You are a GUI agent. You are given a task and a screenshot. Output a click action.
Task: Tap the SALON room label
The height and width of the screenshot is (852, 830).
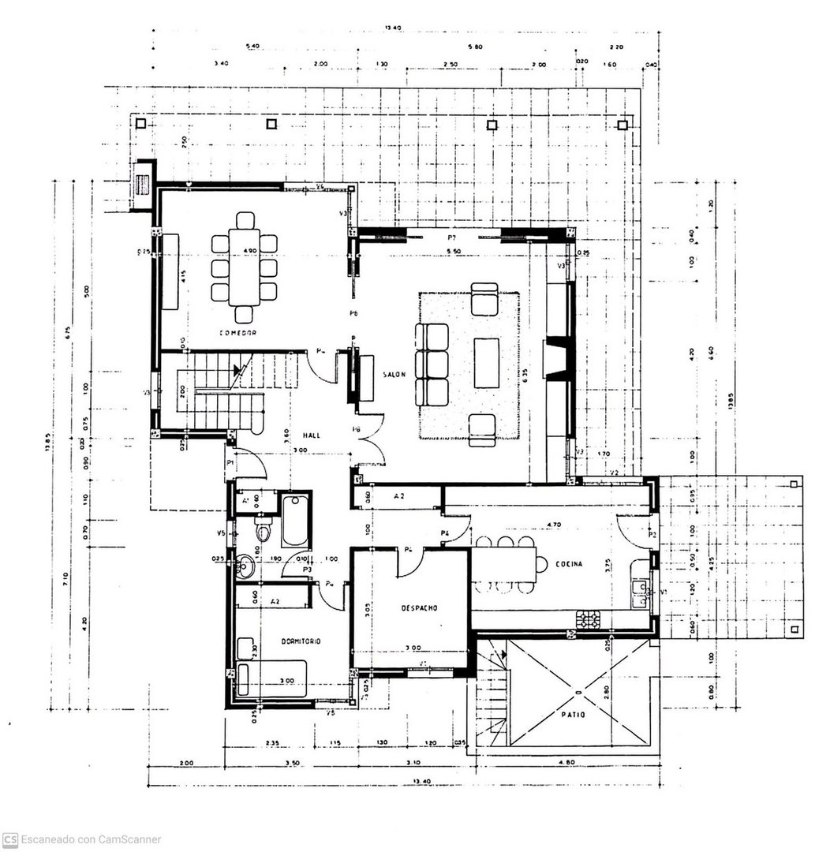[394, 376]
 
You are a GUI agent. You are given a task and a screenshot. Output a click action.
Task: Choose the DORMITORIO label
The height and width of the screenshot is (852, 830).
[301, 641]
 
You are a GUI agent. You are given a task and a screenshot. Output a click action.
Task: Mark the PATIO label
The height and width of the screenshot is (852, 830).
[574, 714]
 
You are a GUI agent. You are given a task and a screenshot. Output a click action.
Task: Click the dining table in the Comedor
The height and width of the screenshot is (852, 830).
[244, 267]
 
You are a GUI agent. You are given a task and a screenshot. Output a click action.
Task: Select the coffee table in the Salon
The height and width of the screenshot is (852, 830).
[486, 363]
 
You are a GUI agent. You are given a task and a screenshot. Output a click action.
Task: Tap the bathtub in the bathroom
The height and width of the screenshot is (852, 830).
[295, 520]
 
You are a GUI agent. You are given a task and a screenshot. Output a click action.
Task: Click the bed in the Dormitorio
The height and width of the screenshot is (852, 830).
[272, 679]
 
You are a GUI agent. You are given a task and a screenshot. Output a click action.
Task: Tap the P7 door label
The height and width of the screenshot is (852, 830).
[453, 237]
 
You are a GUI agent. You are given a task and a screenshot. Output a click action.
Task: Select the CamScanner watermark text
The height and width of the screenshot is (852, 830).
[82, 839]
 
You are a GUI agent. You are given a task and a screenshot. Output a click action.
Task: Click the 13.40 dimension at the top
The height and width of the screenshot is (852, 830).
[393, 28]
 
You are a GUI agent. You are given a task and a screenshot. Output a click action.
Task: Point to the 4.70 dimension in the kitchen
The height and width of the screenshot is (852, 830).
[554, 524]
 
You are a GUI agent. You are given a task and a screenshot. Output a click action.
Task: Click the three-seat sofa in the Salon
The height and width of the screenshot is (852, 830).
[431, 365]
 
